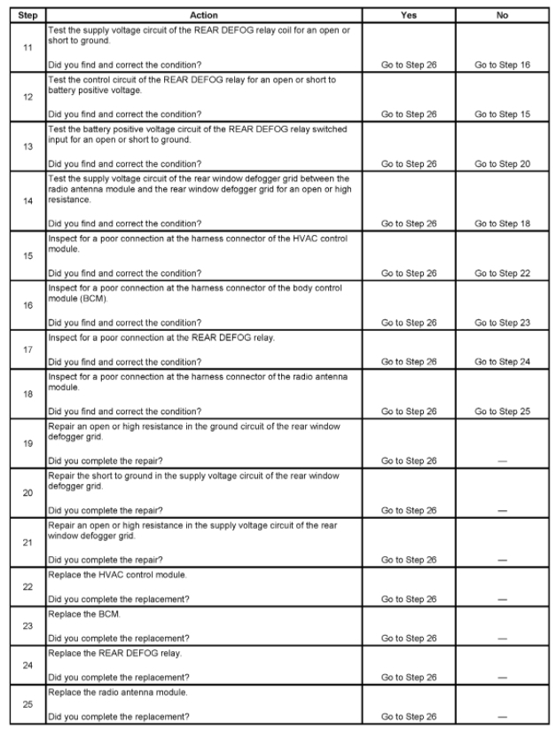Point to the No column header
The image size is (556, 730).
pos(502,15)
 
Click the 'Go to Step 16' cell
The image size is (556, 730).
pos(502,65)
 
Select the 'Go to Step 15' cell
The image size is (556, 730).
pos(502,114)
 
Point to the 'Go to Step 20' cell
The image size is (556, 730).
pos(502,163)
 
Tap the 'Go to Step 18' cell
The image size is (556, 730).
pos(502,224)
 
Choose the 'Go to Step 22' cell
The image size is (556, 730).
pos(502,273)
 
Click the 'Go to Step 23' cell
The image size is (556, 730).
pos(502,323)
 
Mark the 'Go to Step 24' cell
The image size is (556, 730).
pos(502,362)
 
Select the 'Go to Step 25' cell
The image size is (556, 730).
pos(502,412)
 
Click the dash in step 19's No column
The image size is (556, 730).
pos(502,461)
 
